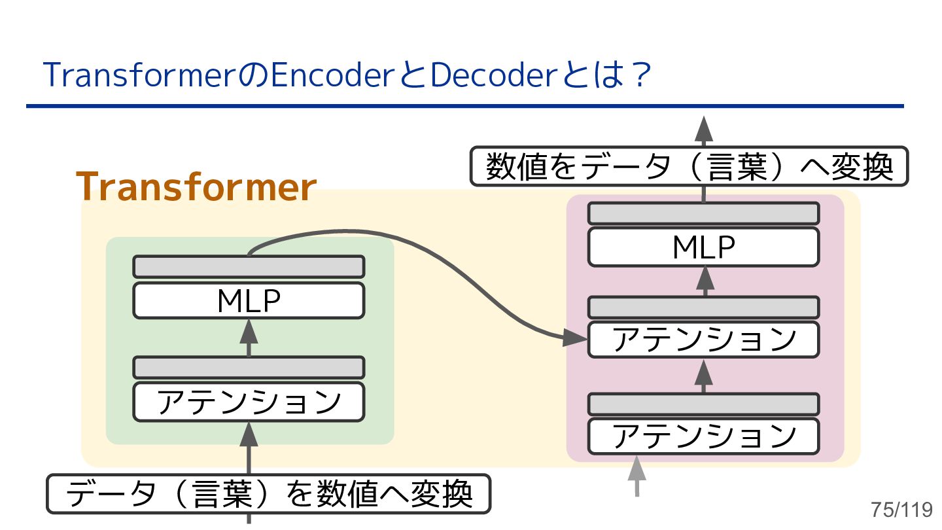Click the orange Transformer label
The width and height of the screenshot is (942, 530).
click(x=196, y=188)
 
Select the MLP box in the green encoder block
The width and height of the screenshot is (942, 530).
click(x=249, y=301)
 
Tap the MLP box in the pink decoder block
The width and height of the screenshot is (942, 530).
click(x=703, y=247)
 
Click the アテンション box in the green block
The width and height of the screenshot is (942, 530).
click(x=249, y=402)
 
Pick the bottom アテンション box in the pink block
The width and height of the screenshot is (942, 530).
click(x=703, y=436)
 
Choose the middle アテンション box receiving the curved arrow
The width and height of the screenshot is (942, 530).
click(x=703, y=340)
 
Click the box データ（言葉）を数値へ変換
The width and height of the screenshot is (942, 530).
click(x=268, y=494)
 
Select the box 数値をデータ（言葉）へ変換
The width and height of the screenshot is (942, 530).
click(x=689, y=167)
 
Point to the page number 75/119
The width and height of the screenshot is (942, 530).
click(x=901, y=509)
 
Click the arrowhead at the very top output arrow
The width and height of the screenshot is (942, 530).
click(x=704, y=128)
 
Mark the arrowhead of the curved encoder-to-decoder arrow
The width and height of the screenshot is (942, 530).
click(x=576, y=337)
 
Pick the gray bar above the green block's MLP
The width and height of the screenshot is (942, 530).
click(x=249, y=267)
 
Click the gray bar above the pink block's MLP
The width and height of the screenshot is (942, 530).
click(x=703, y=214)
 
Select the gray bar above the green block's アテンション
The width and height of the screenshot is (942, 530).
click(x=249, y=367)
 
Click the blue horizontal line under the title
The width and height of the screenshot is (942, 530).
click(x=464, y=106)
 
